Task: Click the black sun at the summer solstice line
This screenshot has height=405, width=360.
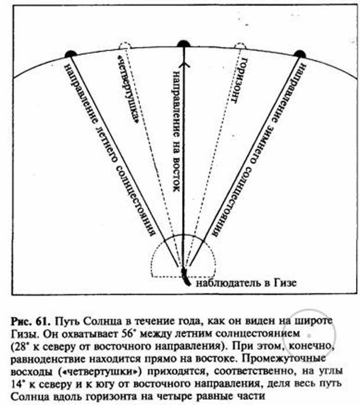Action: (71, 54)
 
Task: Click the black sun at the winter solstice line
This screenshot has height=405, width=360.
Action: (300, 54)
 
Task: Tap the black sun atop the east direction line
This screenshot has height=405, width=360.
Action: (183, 44)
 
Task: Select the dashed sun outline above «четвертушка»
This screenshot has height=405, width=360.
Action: (125, 46)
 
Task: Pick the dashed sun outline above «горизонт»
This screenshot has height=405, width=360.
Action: (240, 46)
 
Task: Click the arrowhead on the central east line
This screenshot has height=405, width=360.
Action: (183, 64)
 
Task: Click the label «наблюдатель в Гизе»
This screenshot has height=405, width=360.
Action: (246, 283)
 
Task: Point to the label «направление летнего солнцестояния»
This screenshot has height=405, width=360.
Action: (110, 149)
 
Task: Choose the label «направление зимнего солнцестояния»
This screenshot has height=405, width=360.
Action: (259, 149)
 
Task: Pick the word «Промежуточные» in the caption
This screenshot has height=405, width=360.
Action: (280, 359)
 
